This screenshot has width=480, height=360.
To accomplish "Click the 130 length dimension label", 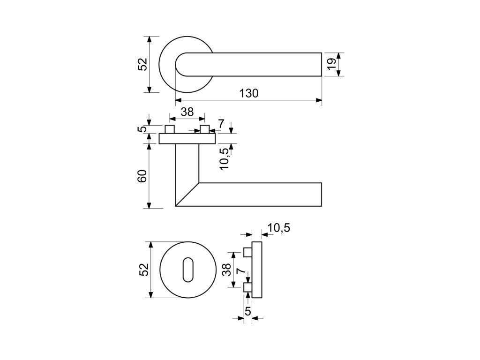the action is [x=249, y=93].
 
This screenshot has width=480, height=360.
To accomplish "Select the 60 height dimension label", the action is [x=142, y=176].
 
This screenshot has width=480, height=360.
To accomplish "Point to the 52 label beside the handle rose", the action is [x=142, y=64].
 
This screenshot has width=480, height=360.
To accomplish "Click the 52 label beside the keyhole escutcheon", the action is [x=143, y=270].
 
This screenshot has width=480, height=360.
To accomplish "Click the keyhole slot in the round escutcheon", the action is [x=187, y=270].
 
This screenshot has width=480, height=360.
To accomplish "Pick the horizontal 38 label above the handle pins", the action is [x=187, y=112].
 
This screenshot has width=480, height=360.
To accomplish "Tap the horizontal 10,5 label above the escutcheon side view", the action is [x=278, y=228].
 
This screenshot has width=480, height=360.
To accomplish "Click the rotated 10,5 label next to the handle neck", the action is [x=224, y=158].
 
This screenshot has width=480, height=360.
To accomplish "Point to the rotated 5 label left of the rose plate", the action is [x=142, y=129].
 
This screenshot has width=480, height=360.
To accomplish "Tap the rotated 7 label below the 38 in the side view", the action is [x=240, y=271].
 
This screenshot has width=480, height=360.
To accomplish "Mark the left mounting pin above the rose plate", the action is [x=170, y=129].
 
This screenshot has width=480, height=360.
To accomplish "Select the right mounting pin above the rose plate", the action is [x=204, y=129].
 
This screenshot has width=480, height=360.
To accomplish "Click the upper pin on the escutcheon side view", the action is [x=247, y=253].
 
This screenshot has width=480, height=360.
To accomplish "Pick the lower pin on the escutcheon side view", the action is [x=247, y=287].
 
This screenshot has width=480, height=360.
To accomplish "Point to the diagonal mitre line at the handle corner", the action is [x=187, y=194].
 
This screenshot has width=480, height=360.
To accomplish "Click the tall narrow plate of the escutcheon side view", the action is [x=257, y=270].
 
